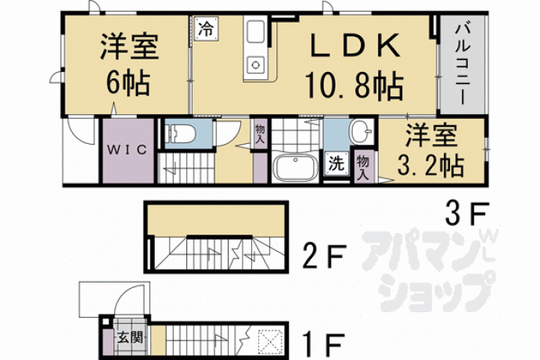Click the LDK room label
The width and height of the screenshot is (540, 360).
[x=355, y=46]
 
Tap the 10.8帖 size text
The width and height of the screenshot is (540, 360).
[x=354, y=86]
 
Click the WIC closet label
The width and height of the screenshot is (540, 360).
[x=127, y=149]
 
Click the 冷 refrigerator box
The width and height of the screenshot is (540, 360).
[x=206, y=29]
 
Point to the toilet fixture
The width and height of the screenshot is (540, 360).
[x=180, y=134]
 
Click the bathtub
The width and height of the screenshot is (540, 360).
[x=295, y=167]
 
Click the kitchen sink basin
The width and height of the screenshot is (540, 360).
[x=255, y=31]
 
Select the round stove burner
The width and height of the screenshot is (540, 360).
[x=256, y=64]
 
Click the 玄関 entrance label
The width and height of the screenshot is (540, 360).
[x=130, y=337]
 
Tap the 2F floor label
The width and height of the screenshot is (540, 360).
[x=324, y=256]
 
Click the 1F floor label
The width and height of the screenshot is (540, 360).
[x=324, y=345]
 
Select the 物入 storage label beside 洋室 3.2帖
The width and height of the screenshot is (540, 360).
[x=363, y=167]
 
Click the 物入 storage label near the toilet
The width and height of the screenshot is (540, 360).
[x=260, y=135]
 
